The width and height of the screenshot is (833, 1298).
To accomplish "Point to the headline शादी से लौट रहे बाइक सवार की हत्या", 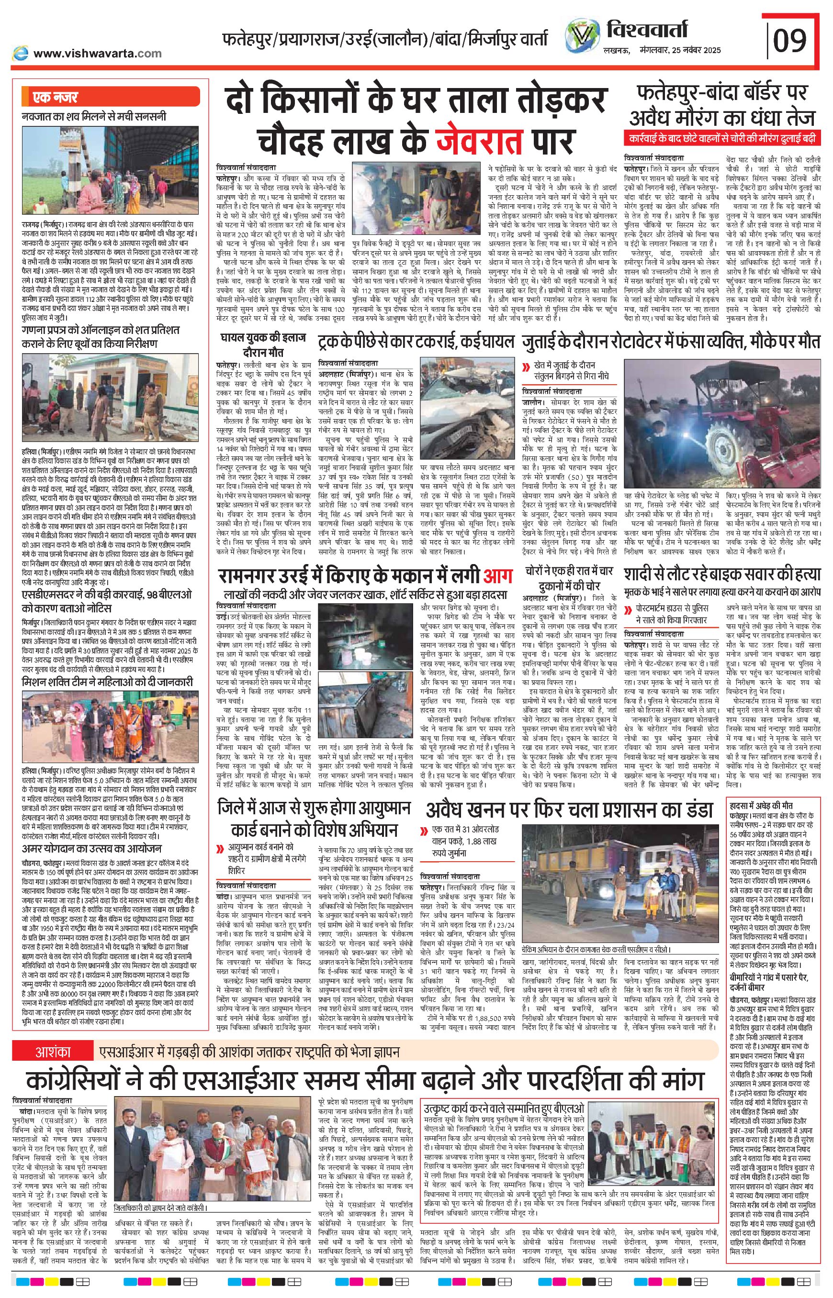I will click(x=721, y=575).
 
